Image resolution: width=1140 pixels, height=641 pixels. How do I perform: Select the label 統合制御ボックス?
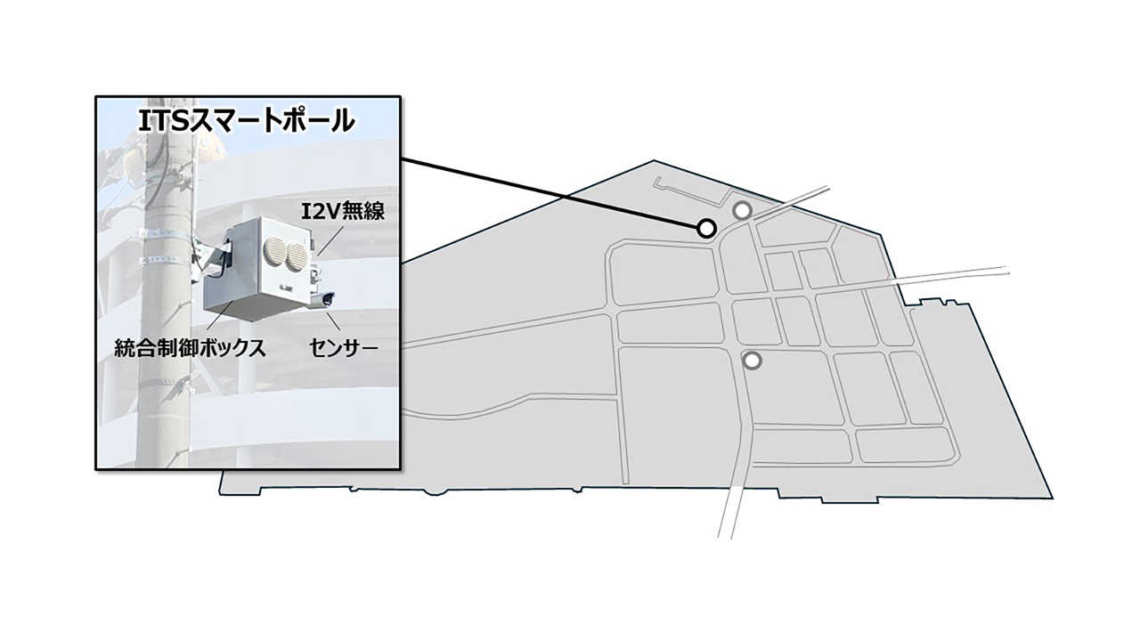pos(191,348)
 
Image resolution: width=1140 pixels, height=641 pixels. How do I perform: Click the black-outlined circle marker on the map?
pos(706,229)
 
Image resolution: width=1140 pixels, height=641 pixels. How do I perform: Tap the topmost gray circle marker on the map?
pos(741,210)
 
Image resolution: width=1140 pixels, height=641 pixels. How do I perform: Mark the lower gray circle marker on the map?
pos(753,361)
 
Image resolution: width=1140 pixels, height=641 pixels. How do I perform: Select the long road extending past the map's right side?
pos(962,275)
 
